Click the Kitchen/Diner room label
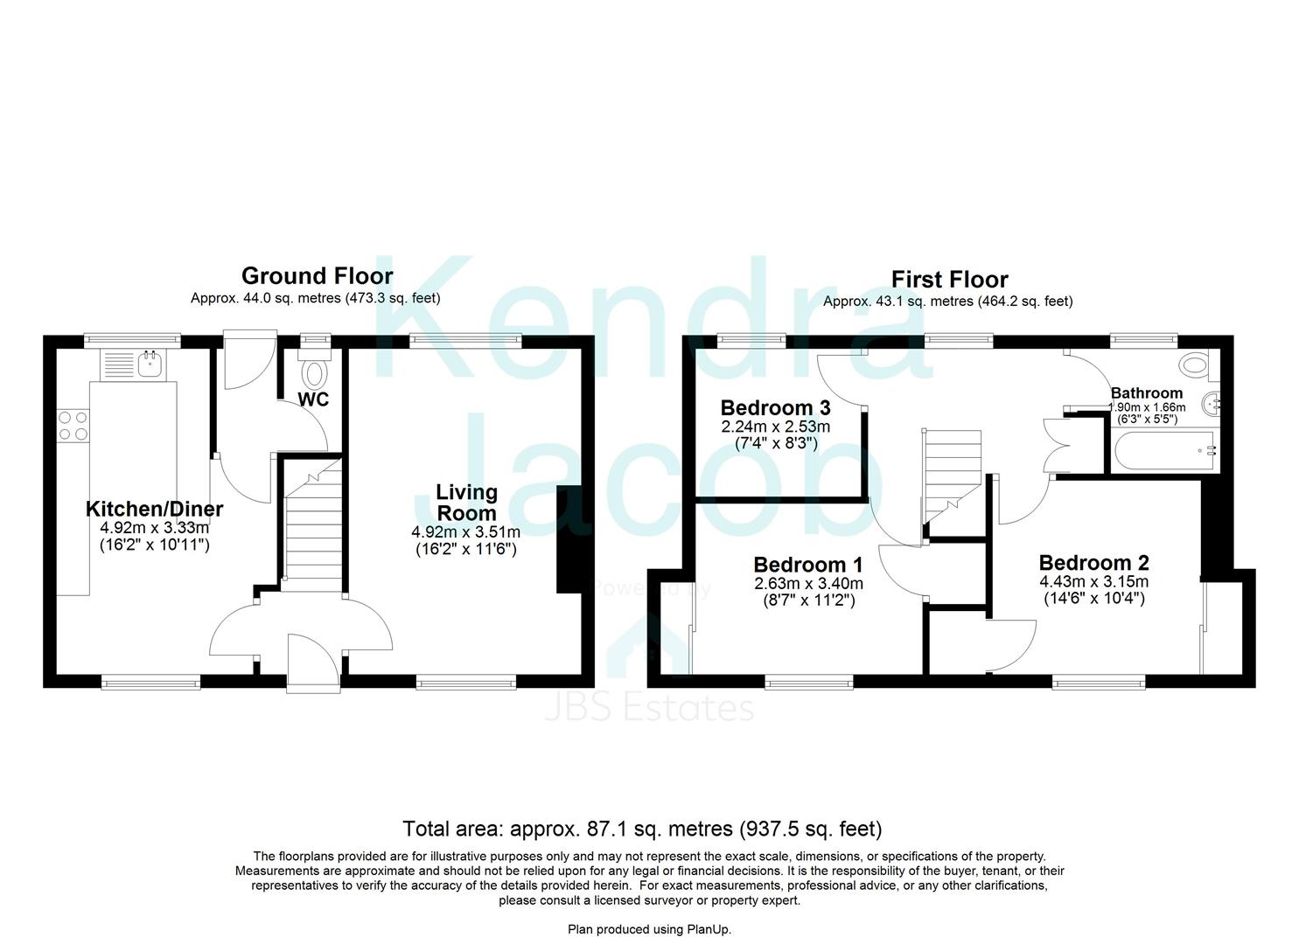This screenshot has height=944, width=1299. point(154,509)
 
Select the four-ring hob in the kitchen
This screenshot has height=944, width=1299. point(73,426)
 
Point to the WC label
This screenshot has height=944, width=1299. point(313,400)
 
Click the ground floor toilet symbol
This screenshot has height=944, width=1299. point(313,372)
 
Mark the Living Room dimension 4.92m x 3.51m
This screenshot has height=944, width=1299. point(465,532)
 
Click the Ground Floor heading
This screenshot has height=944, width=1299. point(317,276)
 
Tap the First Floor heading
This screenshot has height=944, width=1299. point(949,280)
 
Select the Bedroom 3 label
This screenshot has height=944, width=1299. point(775,408)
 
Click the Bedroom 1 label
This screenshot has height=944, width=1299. point(807,565)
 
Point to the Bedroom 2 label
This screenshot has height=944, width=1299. point(1093,563)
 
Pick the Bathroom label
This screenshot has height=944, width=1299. point(1146,393)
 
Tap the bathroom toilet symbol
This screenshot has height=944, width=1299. point(1192,364)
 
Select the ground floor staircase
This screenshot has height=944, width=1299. point(312,524)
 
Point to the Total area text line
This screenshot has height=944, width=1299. point(642,829)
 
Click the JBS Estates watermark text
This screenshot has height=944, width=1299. point(649,707)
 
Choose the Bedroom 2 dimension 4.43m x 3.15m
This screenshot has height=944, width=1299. point(1093,582)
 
